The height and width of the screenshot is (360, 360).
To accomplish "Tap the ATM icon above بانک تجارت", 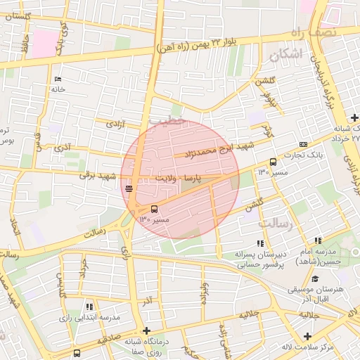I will (x=303, y=143).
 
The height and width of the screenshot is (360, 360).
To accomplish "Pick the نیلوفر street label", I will (x=271, y=101).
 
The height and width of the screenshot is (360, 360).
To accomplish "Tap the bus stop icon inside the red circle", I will (x=155, y=209).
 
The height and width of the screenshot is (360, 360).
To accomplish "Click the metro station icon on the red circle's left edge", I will (x=128, y=188).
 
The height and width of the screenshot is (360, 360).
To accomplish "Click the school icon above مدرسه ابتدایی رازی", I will (x=89, y=307).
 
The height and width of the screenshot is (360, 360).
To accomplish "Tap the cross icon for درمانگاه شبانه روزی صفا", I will (x=146, y=330).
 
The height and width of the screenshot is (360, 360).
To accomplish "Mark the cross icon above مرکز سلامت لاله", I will (x=307, y=335).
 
